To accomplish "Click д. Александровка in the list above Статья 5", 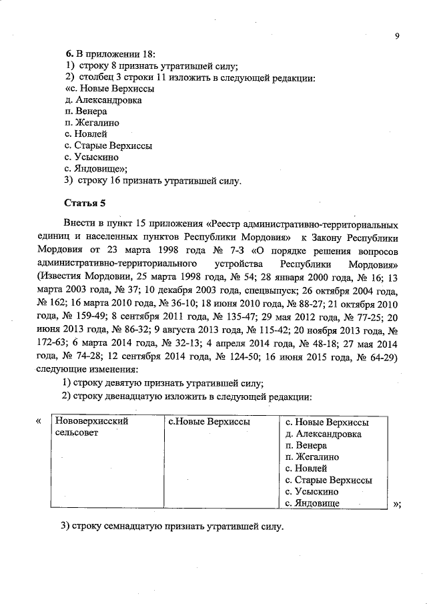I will point(103,100).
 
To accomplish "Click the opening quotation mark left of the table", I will point(38,421).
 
